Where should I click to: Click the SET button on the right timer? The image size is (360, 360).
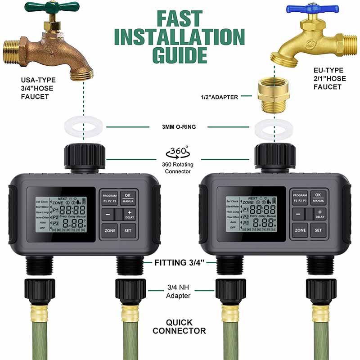[x=318, y=230]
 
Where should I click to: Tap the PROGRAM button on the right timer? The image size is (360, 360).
[x=300, y=198]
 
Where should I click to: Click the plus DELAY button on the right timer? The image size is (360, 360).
[x=319, y=214]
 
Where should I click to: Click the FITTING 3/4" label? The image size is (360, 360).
[x=180, y=263]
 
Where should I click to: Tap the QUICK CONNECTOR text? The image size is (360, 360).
[x=179, y=327]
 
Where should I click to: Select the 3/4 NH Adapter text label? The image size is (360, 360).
[x=179, y=292]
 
